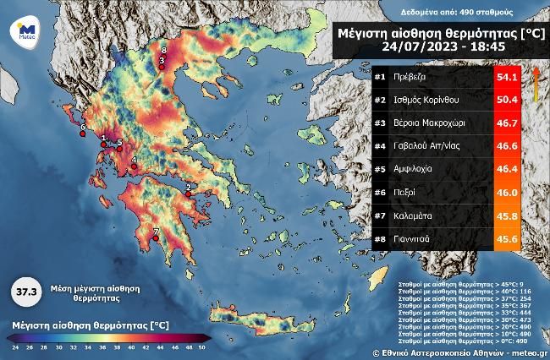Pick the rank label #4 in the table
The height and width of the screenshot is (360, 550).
click(x=380, y=146)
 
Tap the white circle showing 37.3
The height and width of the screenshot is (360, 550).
click(x=25, y=292)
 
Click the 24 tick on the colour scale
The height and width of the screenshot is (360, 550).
click(x=15, y=347)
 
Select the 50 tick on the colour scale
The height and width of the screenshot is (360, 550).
click(x=202, y=347)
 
